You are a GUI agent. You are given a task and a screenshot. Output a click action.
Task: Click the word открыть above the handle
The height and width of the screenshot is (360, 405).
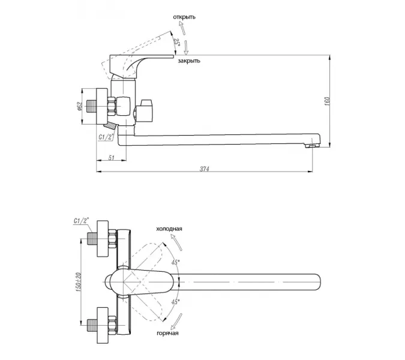coord(184,17)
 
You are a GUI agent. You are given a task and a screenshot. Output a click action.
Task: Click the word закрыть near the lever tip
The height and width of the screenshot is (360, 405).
coord(189,61)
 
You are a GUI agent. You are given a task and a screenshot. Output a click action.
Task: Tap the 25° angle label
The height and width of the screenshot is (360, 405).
coord(176,42)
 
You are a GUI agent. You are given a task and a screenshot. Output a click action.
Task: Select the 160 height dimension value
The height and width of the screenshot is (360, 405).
coord(327,101)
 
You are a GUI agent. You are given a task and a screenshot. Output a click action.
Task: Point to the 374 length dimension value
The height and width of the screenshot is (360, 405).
coord(205,169)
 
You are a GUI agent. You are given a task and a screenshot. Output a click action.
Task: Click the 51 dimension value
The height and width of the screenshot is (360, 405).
coord(112,158)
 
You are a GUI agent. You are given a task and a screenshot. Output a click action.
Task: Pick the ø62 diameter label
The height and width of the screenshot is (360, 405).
coord(80,106)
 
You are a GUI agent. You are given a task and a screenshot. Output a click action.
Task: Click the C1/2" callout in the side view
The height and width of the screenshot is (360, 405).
coord(106,137)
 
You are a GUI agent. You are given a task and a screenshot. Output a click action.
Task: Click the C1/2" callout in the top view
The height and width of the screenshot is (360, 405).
coord(81,221)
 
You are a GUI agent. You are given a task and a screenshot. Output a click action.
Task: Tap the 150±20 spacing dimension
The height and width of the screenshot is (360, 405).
coord(79,283)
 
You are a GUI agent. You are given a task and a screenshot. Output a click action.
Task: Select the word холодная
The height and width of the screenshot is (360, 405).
coord(169,229)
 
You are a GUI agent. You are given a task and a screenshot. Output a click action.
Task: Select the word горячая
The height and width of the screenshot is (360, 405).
coord(167,333)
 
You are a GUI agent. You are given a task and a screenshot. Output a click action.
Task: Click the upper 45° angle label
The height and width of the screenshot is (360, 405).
coord(175,262)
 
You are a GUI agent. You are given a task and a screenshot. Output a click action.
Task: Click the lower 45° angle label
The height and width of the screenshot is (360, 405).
coord(175,301)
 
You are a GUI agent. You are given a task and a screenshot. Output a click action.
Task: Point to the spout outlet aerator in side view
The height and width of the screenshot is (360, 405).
coord(312,146)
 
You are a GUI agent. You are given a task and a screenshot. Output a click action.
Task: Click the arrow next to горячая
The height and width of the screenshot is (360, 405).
coord(176,322)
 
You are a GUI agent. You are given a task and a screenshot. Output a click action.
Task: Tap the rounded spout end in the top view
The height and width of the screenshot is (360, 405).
coord(316,282)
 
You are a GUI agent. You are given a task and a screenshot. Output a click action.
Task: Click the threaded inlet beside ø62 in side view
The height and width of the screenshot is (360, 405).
coord(91,106)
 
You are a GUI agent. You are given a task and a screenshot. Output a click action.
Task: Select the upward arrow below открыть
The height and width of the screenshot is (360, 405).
coord(182,28)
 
